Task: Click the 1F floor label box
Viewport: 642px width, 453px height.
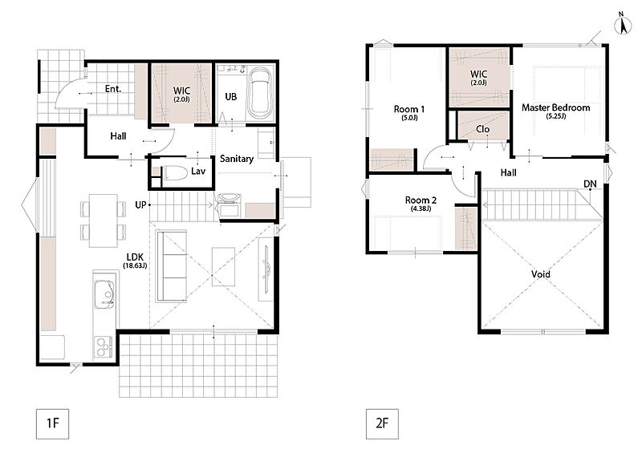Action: coord(52,423)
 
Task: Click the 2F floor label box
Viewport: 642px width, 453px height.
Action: coord(382,423)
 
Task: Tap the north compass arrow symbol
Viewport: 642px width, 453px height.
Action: coord(623,25)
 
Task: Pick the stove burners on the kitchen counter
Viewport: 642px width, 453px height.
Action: coord(104,346)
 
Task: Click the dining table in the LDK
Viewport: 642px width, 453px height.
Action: coord(104,220)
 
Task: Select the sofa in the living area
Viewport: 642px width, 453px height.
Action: coord(171,266)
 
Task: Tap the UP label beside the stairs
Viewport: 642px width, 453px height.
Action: coord(140,204)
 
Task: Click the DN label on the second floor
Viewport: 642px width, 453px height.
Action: coord(590,184)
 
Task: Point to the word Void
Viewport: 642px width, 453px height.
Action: coord(540,274)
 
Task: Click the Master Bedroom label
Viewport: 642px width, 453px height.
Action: coord(555,107)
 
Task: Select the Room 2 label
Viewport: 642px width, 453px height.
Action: coord(421,200)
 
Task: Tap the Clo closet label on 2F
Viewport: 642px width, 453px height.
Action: coord(483,129)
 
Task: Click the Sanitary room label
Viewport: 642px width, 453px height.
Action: coord(237,159)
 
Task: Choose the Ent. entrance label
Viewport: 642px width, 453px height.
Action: coord(113,89)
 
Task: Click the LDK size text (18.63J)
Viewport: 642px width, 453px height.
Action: coord(135,265)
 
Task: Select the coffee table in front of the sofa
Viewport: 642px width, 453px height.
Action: coord(224,266)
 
